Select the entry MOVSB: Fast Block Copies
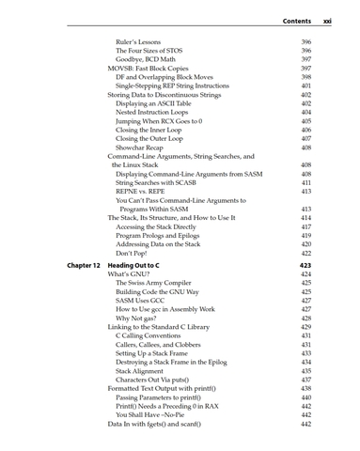[x=155, y=69]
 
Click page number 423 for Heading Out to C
[x=305, y=266]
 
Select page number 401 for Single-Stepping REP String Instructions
[x=305, y=86]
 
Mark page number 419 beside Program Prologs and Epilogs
[x=305, y=236]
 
